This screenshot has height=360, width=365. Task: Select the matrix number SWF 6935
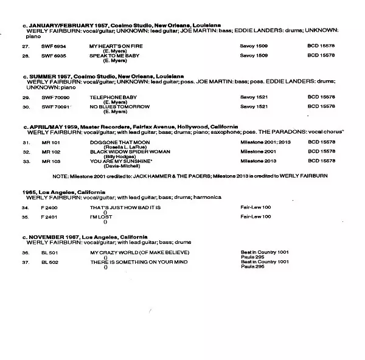54,56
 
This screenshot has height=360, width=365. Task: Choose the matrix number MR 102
50,151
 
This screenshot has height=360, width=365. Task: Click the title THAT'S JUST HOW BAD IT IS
124,207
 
